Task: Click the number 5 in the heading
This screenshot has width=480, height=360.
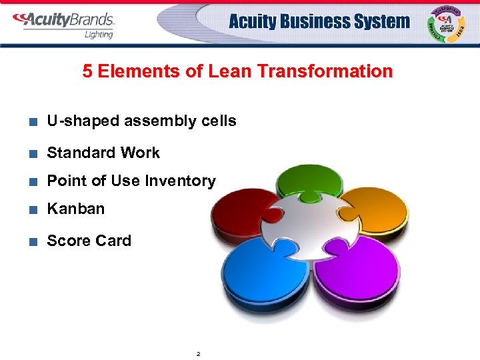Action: (87, 71)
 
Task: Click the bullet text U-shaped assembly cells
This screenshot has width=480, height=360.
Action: (141, 121)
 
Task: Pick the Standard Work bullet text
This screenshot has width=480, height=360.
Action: (103, 153)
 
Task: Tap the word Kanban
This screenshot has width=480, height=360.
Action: (76, 209)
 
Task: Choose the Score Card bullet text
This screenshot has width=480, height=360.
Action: (89, 241)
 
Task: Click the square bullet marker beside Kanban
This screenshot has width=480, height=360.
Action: (32, 209)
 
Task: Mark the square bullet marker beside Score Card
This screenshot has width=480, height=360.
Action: (32, 241)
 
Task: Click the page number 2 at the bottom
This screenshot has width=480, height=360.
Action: (199, 353)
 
